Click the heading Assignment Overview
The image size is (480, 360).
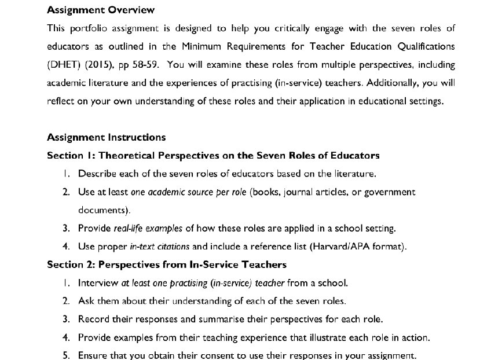[101, 10]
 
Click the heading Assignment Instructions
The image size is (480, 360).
[106, 137]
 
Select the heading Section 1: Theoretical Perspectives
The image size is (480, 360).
[213, 155]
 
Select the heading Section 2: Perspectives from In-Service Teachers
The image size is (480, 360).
[167, 265]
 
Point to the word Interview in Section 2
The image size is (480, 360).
[98, 283]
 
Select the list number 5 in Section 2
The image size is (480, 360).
[66, 355]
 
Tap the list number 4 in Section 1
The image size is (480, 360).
[66, 247]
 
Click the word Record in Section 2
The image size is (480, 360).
[93, 319]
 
